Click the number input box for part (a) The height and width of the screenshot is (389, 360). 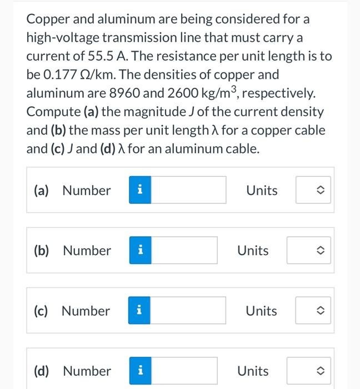click(189, 191)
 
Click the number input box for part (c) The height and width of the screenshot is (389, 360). click(189, 311)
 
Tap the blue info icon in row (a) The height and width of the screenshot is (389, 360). click(141, 191)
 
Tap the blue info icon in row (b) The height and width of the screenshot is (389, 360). click(141, 251)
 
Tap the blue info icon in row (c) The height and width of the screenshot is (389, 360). click(141, 311)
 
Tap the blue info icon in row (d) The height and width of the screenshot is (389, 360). click(141, 371)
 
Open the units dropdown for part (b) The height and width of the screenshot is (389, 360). click(305, 251)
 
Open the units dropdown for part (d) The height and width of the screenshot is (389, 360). click(305, 371)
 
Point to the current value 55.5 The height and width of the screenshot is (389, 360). click(100, 56)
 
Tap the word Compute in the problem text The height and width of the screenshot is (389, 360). click(53, 111)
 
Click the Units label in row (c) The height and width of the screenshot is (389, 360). click(262, 311)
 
